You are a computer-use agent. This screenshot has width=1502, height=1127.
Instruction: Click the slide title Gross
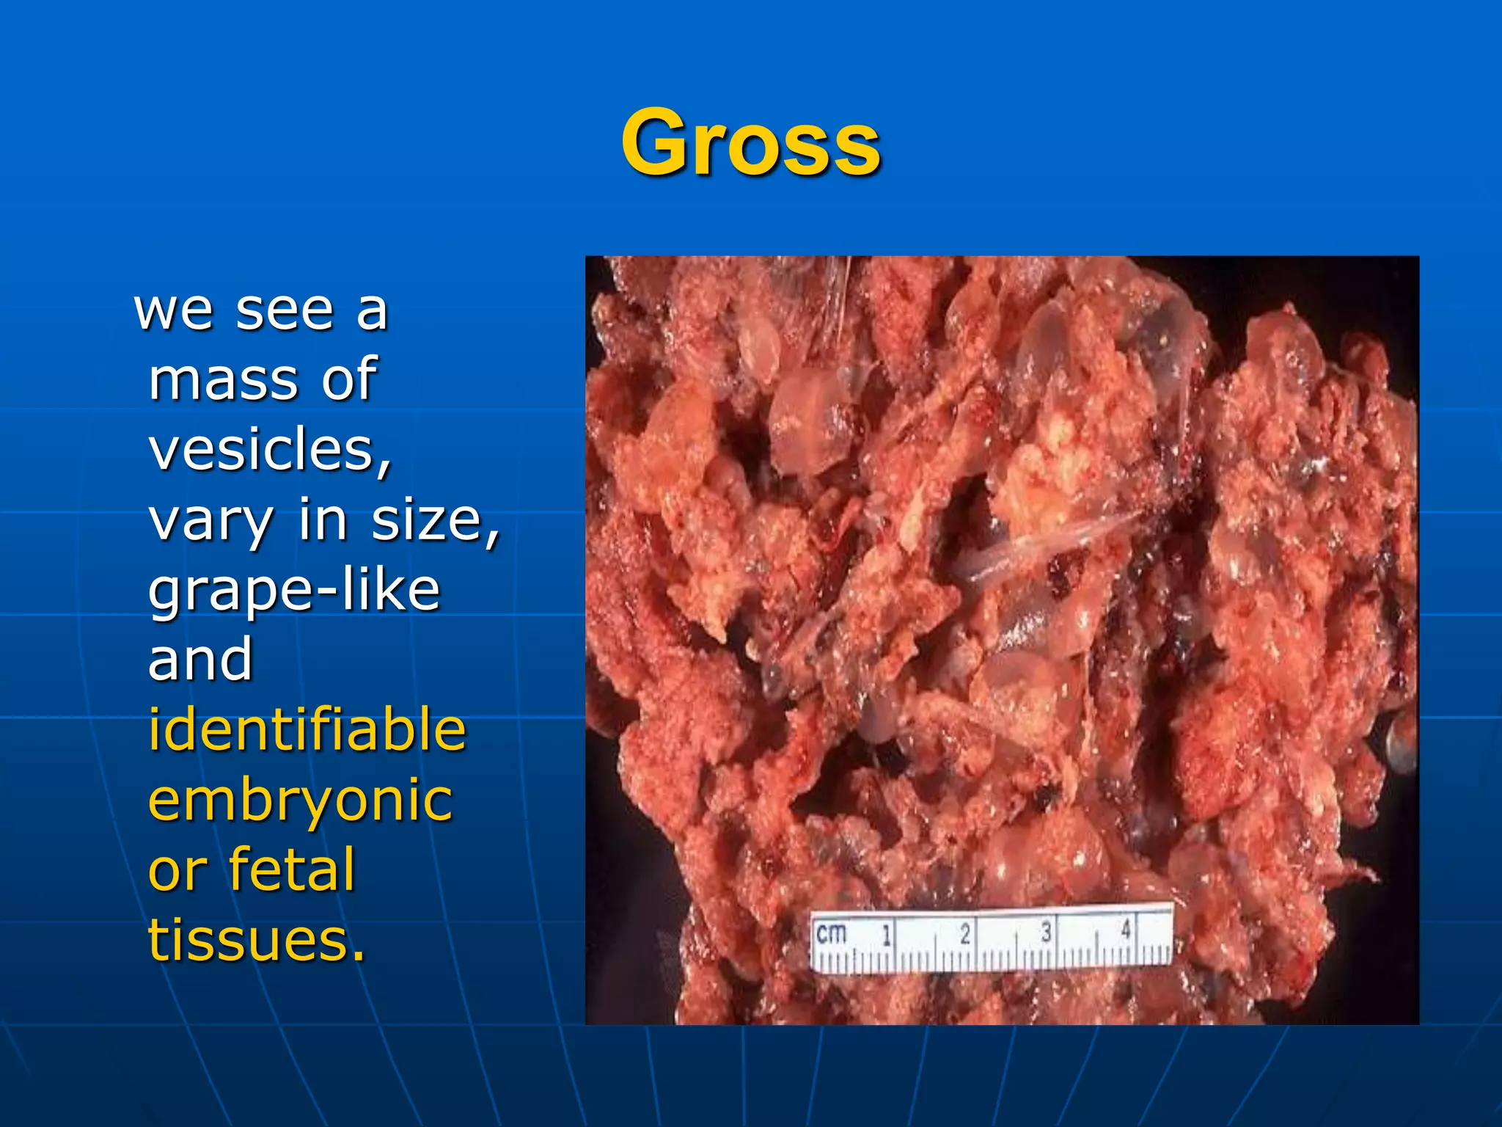click(x=750, y=142)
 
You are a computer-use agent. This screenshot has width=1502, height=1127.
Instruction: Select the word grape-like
click(x=294, y=590)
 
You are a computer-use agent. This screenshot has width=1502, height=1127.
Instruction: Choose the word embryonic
click(x=300, y=800)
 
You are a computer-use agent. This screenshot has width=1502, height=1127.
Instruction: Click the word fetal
click(x=292, y=869)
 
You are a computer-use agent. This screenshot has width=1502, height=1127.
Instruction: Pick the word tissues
click(x=256, y=940)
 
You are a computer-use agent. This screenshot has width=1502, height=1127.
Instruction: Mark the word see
click(x=285, y=310)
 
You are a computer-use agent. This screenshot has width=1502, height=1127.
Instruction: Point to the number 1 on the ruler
click(x=887, y=935)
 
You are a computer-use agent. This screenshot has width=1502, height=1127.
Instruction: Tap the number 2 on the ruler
click(x=966, y=933)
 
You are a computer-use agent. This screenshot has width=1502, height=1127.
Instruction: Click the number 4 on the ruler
click(x=1126, y=930)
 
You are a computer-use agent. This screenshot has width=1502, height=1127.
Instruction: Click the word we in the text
click(x=173, y=310)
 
